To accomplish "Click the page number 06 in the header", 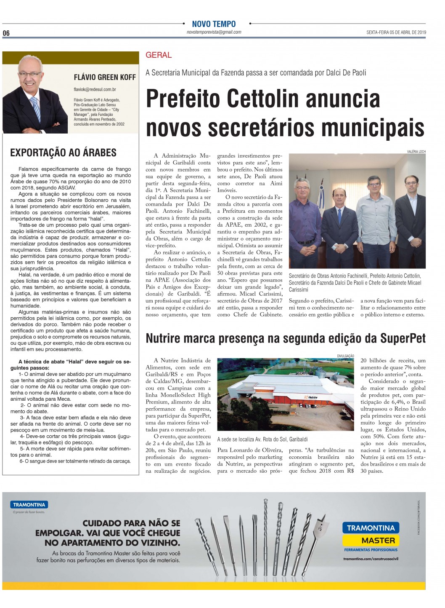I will coord(6,33).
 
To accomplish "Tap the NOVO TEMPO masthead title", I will coord(214,24).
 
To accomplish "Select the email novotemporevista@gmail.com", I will coord(214,32).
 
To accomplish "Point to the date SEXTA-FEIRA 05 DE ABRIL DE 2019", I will coord(396,32).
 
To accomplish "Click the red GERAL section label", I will coord(159,55).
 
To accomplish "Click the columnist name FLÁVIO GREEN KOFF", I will coord(105,77).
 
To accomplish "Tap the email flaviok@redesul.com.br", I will coord(95,89).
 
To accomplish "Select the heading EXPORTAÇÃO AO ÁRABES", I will coord(63,153).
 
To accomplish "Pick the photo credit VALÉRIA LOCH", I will coord(416,152).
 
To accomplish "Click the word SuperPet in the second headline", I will coord(403,338).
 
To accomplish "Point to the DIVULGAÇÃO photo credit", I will coord(345,356).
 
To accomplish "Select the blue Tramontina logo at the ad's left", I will coord(29,504).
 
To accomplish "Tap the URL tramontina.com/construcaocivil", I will coord(371,559).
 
